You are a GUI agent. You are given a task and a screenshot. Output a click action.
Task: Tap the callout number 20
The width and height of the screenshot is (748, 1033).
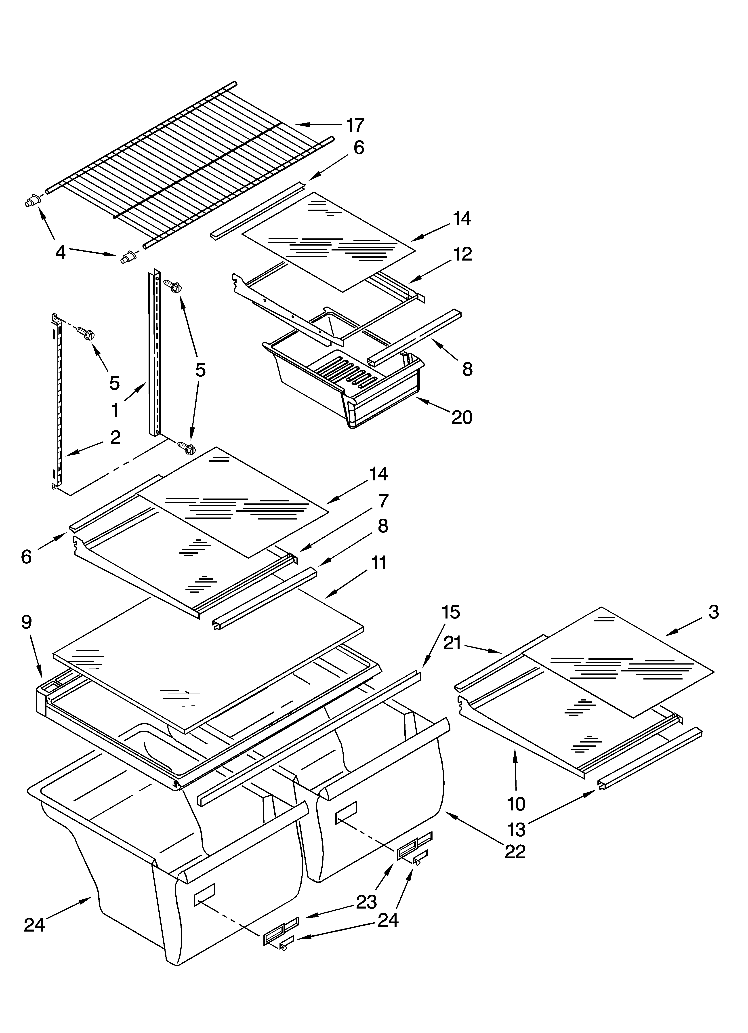click(x=462, y=417)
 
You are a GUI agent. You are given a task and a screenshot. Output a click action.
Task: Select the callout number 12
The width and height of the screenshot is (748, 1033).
click(x=462, y=254)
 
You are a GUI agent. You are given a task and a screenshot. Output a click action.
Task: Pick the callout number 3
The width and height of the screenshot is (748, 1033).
click(x=713, y=612)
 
